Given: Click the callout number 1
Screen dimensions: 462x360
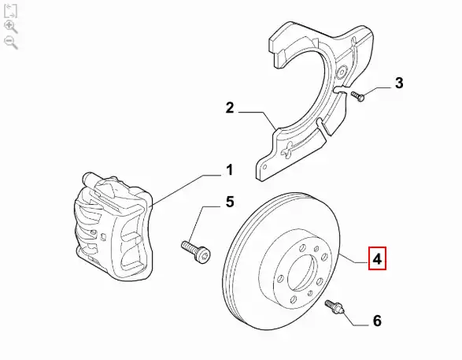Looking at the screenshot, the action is click(230, 170).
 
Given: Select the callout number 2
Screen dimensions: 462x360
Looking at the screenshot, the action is click(230, 108).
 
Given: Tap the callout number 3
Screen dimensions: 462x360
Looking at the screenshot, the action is click(399, 83).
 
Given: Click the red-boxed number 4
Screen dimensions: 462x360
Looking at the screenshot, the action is click(377, 258).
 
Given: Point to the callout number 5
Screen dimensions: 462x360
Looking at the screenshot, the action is click(230, 202).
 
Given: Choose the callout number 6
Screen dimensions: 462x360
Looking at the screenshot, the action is click(377, 321).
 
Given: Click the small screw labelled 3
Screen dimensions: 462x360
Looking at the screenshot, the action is click(357, 96).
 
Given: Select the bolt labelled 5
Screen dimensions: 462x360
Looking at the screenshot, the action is click(196, 251).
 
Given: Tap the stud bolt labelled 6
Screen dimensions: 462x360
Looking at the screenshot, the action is click(334, 307).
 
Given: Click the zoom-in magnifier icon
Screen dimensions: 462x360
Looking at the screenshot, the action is click(11, 27).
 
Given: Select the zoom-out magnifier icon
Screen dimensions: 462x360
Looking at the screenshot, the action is click(11, 43).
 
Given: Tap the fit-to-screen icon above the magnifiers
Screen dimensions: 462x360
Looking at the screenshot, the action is click(10, 11).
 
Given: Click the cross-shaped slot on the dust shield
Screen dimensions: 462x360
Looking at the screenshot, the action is click(288, 149).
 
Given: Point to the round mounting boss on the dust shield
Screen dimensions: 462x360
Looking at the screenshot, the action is click(342, 72).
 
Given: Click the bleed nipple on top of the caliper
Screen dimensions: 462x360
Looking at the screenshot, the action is click(88, 177).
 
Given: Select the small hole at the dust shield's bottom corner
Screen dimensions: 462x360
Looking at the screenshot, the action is click(264, 168).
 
